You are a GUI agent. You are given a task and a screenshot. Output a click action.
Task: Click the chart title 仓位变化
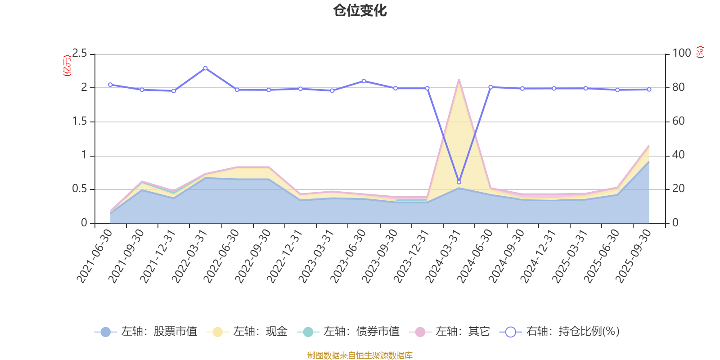point(360,10)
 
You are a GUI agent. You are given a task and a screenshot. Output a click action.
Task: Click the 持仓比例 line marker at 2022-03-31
point(205,68)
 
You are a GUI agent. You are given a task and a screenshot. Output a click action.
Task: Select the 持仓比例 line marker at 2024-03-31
point(459,182)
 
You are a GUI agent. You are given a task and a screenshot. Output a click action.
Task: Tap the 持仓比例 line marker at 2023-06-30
point(364,81)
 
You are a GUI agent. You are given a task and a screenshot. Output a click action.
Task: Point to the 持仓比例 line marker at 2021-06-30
point(110,85)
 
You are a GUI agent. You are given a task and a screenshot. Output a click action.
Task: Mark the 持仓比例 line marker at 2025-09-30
point(649,90)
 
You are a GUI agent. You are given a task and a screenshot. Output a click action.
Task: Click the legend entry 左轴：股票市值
point(146,332)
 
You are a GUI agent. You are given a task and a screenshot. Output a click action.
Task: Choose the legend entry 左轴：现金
point(247,332)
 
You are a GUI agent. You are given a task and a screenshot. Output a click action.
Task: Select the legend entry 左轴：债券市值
point(348,332)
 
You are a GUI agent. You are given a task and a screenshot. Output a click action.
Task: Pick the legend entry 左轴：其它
point(450,332)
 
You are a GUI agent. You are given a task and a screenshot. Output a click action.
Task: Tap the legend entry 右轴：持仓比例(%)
point(560,332)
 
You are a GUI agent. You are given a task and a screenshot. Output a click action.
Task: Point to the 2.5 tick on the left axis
point(80,54)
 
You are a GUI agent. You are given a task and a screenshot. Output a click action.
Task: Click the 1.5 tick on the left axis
point(80,121)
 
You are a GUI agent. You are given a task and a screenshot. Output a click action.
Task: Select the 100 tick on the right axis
point(681,54)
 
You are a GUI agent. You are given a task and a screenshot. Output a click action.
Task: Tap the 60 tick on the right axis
point(679,121)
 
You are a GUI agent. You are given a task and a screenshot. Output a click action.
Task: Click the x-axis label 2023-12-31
point(411,256)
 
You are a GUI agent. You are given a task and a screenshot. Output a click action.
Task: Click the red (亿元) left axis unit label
point(67,66)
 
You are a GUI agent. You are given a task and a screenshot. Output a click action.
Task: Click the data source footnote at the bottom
point(360,355)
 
